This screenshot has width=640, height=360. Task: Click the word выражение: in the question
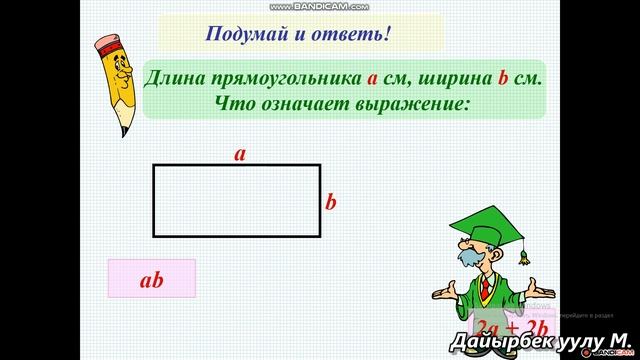(x=410, y=104)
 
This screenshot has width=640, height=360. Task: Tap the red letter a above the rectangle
(x=240, y=154)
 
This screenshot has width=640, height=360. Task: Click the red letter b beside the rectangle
(x=331, y=203)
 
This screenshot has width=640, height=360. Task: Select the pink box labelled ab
(x=151, y=280)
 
